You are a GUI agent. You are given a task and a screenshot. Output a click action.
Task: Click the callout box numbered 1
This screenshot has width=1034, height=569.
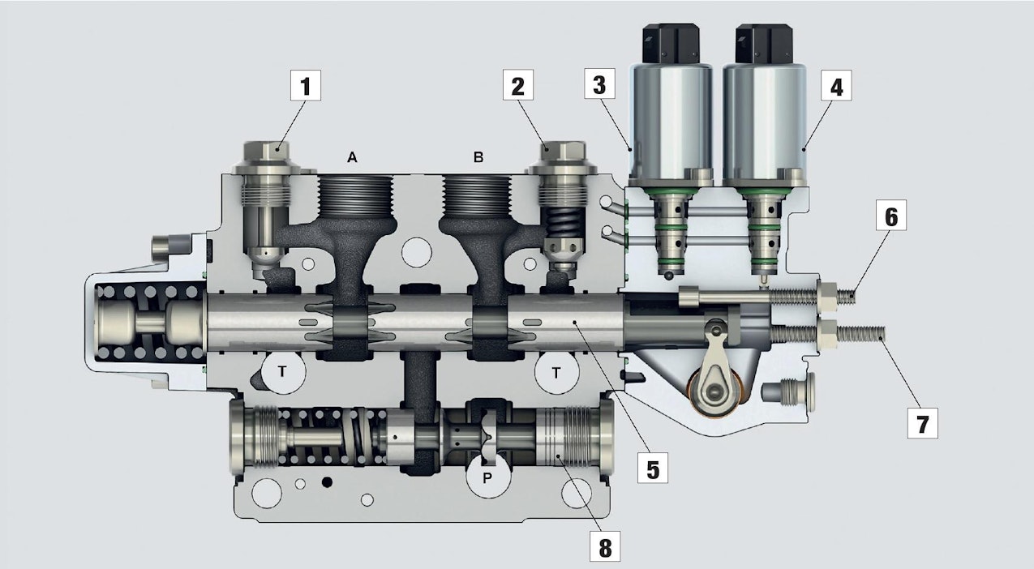pyautogui.click(x=306, y=87)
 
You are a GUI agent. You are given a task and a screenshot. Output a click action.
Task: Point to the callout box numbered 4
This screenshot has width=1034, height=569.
pyautogui.click(x=835, y=87)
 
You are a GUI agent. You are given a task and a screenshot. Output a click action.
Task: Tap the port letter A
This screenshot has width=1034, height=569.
pyautogui.click(x=352, y=158)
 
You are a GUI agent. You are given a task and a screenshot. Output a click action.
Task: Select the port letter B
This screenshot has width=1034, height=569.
pyautogui.click(x=478, y=158)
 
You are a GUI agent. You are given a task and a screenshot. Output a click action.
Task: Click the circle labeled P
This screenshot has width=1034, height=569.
pyautogui.click(x=487, y=477)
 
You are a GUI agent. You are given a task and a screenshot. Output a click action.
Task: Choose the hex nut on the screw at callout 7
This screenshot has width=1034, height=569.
pyautogui.click(x=828, y=332)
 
